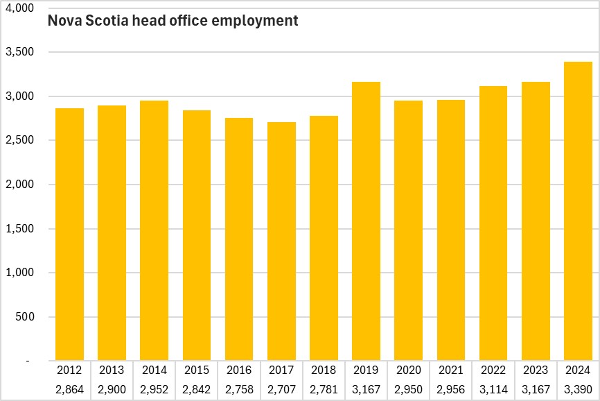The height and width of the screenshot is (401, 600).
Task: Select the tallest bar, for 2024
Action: point(579,212)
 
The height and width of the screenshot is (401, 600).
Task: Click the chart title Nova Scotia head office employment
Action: point(173,21)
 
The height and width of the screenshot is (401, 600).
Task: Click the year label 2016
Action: point(239,370)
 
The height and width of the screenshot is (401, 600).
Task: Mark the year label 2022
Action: point(493,370)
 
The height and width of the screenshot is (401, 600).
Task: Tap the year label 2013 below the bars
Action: point(112,370)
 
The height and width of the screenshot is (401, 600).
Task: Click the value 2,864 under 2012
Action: point(69,389)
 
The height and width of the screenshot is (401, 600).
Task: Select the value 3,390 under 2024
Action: point(579,389)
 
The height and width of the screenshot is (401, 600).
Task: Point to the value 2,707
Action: point(281,389)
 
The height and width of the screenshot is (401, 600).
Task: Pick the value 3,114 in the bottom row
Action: point(493,389)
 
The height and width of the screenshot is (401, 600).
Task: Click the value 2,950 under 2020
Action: point(409,389)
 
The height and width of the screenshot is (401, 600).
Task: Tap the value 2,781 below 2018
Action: point(324,389)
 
